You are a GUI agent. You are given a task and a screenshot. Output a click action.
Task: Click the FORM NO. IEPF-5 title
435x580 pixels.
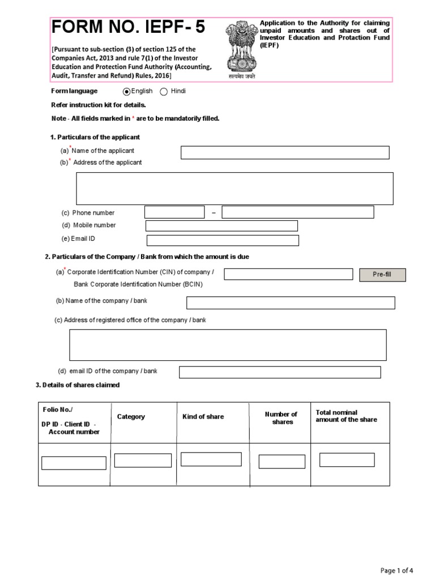129,27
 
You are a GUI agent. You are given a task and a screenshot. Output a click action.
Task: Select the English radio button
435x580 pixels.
127,92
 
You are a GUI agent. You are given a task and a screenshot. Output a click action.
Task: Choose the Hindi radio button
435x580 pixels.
164,92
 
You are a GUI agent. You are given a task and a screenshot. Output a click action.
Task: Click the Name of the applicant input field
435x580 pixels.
285,152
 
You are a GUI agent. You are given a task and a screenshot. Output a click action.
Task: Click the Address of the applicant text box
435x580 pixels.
234,189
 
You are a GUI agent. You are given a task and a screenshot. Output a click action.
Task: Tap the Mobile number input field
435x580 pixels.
221,226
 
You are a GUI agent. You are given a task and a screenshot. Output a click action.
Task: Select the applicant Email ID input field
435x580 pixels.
223,240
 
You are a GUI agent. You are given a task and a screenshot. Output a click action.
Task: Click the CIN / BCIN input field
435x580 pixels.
288,274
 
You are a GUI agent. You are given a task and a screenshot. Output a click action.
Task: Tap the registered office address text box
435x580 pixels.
228,345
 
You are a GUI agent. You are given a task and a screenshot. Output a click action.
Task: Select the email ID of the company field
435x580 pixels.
280,372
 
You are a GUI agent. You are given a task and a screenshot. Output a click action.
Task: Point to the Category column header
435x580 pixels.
131,417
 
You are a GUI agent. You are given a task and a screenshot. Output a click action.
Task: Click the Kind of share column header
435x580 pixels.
203,417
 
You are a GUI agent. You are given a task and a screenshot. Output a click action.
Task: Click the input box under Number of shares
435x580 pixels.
282,462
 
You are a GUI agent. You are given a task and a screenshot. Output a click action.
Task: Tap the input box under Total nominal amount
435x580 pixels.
347,460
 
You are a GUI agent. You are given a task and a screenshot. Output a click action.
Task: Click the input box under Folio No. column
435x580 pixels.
74,463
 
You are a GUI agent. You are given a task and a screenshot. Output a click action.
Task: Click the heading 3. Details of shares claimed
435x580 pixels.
78,385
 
